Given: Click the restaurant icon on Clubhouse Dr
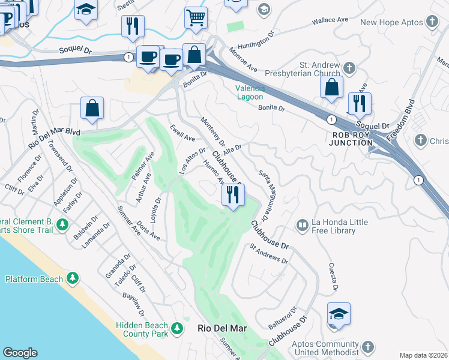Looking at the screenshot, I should pos(232,194).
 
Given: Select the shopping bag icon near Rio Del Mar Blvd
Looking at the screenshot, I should pos(92,109).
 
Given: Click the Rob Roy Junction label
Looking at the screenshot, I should pos(352,139).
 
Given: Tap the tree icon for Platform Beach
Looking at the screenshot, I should pos(73,278).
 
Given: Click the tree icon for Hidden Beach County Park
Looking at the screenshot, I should pos(176,328).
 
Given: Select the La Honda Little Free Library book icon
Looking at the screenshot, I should pos(302,226).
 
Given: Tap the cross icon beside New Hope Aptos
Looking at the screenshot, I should pos(432,22).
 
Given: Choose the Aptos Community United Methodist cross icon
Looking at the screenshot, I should pos(367,347).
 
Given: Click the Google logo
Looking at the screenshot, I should pos(20,353).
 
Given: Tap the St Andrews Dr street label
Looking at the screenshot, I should pos(268,253).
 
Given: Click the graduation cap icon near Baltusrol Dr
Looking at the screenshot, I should pos(339,314).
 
